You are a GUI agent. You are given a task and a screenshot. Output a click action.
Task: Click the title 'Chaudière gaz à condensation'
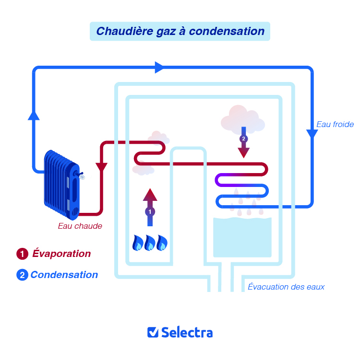tap(180, 31)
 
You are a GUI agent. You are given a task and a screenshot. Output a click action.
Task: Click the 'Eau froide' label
tap(335, 125)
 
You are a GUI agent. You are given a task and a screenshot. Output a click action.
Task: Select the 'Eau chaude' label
tap(80, 226)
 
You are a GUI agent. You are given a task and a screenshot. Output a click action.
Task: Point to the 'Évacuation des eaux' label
tap(286, 287)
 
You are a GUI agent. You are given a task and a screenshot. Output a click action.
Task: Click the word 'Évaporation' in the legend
tap(61, 254)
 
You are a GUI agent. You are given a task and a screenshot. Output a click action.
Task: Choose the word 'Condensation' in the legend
tap(64, 275)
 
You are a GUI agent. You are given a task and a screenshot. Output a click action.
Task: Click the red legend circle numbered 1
tap(22, 254)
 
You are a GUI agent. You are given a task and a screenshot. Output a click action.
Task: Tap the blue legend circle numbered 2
tap(22, 275)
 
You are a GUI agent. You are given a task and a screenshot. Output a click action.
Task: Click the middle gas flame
tap(150, 243)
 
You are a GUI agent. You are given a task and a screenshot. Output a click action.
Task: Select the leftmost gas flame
tap(138, 243)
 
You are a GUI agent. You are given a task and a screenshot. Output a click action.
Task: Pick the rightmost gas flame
tap(162, 243)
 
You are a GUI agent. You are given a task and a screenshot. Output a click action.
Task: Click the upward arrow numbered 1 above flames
tap(150, 207)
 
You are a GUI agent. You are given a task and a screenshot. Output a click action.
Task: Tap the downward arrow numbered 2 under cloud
tap(244, 142)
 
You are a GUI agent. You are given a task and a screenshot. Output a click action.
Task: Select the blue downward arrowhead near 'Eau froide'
tap(312, 135)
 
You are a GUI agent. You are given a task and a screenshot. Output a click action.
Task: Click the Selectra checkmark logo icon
tap(153, 332)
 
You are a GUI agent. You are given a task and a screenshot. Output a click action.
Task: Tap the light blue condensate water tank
tap(242, 237)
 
